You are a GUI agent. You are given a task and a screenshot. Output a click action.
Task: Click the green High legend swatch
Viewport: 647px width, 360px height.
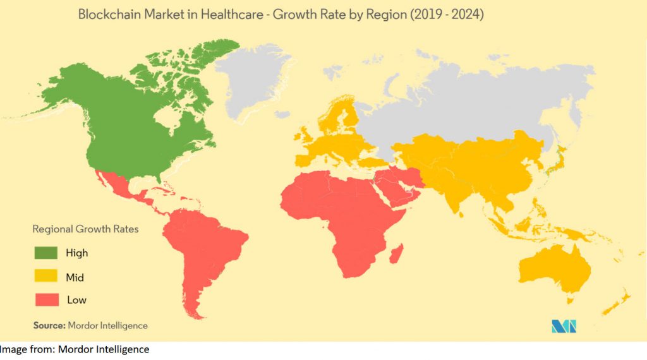coord(45,253)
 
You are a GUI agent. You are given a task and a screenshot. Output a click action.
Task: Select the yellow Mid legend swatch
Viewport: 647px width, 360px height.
coord(45,277)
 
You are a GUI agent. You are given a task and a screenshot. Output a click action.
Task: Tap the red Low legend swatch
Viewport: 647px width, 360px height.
coord(45,299)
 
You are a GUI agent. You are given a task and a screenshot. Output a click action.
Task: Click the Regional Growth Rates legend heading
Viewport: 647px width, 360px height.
coord(85,229)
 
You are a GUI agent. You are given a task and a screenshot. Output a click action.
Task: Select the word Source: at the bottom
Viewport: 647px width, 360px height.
coord(49,326)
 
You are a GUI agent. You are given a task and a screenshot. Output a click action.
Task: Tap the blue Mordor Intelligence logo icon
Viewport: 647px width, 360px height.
coord(564,326)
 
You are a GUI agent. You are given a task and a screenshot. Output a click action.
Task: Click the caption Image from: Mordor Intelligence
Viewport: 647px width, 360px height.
coord(75,349)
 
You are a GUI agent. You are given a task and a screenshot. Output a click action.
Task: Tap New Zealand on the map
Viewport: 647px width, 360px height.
coord(616,304)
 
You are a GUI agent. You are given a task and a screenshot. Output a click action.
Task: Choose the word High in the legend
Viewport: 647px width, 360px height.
coord(77,253)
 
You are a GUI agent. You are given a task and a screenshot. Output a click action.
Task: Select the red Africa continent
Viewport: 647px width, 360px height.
coord(341,215)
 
